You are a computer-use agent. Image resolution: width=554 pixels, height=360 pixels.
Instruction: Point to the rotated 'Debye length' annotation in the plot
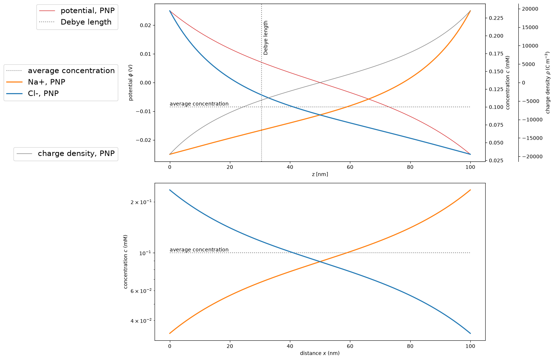(x=266, y=37)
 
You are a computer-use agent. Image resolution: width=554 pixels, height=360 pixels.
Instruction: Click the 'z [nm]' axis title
(x=320, y=174)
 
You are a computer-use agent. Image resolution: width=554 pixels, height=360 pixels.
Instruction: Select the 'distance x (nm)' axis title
(x=320, y=353)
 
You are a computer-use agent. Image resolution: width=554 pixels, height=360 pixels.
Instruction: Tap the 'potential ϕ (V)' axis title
(x=131, y=83)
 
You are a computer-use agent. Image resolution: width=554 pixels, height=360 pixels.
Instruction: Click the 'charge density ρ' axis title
(x=547, y=83)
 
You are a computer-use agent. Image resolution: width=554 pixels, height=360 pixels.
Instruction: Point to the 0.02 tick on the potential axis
(x=146, y=25)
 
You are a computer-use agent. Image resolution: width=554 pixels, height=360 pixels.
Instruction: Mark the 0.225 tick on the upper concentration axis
(x=496, y=18)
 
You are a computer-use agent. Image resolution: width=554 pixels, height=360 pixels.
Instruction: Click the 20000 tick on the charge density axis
(x=530, y=9)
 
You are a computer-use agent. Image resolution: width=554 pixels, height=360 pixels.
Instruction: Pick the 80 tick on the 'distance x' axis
(x=410, y=346)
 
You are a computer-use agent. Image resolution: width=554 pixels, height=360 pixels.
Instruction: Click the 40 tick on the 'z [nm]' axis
(x=290, y=167)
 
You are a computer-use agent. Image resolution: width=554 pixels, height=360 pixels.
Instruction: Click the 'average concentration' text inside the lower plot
(x=199, y=249)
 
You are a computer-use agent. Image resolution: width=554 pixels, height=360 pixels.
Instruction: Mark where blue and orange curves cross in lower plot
(x=320, y=261)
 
